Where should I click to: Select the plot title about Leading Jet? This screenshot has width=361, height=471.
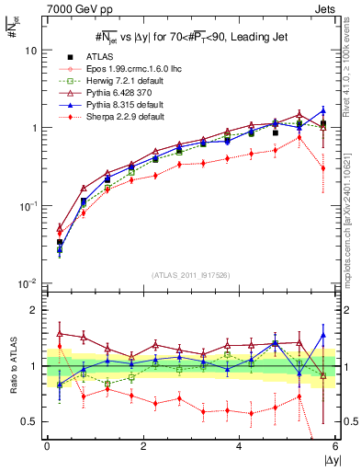[190, 37]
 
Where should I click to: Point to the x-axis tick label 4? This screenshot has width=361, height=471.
[240, 446]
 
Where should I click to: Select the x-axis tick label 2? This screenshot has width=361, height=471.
[143, 446]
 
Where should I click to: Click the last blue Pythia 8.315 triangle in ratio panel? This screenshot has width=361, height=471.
[323, 335]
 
